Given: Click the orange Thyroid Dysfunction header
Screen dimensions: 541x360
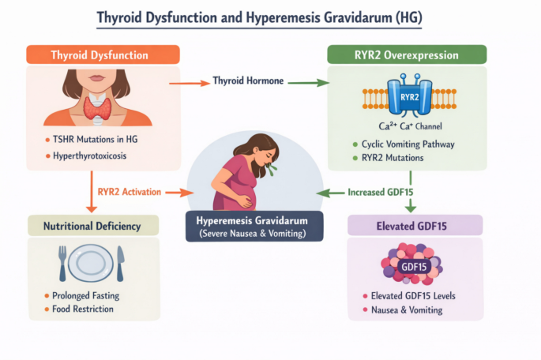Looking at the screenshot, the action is tap(103, 54).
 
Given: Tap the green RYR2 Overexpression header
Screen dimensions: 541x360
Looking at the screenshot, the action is tap(407, 54).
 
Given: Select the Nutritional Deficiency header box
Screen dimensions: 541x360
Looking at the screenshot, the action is tap(93, 226).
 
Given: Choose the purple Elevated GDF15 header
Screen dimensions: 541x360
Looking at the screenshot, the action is tap(415, 226).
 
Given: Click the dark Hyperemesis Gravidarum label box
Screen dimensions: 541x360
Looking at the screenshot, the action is tap(254, 227).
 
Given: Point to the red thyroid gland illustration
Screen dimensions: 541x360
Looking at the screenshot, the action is tap(97, 107).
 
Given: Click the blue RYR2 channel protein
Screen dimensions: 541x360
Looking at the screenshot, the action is tap(410, 96).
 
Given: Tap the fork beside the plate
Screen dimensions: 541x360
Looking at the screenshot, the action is tap(62, 263).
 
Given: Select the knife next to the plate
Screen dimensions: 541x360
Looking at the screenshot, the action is tap(120, 264).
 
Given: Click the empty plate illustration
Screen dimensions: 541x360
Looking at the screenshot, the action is tap(91, 263).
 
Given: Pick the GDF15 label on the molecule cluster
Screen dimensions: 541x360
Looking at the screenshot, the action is tap(414, 267).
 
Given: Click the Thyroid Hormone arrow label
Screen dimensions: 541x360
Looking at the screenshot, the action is tap(248, 81).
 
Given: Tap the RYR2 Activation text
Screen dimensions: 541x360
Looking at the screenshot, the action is tap(130, 192).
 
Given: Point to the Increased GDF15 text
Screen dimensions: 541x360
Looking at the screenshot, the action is tap(380, 192).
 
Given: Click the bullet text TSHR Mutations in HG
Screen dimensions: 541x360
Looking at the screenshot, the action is tap(96, 139).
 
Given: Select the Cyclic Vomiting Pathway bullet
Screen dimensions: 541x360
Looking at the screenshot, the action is tap(408, 144).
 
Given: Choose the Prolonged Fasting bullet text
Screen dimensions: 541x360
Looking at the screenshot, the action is tap(85, 296).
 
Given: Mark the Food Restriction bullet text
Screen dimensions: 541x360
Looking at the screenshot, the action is tap(83, 309).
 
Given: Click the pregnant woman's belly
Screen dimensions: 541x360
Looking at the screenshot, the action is tap(246, 196).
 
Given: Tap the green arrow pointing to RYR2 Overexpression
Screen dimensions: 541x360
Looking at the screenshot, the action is tap(309, 83).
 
